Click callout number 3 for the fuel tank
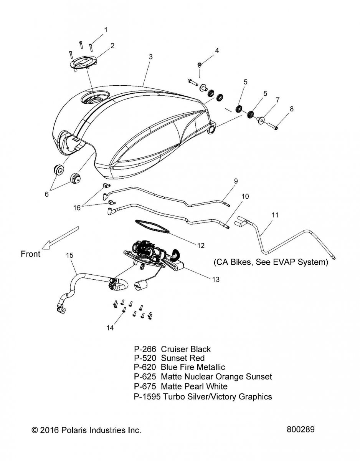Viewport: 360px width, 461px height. pos(151,56)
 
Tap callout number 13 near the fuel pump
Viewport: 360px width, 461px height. pos(216,280)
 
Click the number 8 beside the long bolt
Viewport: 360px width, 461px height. pos(291,109)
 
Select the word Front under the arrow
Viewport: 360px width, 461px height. pos(30,254)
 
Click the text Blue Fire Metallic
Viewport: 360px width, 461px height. pos(193,368)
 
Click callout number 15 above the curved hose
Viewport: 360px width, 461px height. pos(69,255)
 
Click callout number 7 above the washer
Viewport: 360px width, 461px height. pos(277,99)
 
